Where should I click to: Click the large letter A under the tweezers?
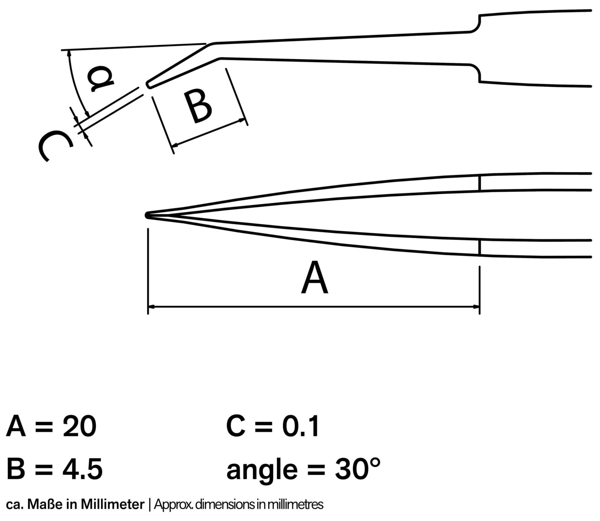click(x=315, y=278)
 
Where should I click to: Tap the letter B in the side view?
click(x=197, y=107)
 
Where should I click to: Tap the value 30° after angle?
click(x=358, y=469)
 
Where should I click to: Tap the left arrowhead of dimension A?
click(x=151, y=307)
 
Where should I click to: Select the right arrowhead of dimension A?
click(x=476, y=307)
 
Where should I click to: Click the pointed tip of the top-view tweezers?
click(x=146, y=216)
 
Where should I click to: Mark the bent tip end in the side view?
click(x=147, y=84)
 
